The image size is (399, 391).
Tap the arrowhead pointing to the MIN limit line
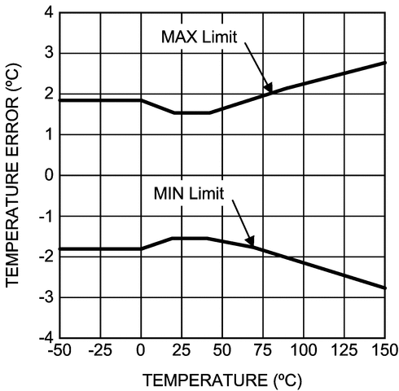(x=252, y=242)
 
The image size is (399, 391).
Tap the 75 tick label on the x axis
(x=262, y=351)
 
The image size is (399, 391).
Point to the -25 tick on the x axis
(x=100, y=351)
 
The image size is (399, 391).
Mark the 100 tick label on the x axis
(x=303, y=351)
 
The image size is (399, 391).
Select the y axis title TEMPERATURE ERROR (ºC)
(x=14, y=175)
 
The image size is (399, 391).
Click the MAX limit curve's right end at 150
(x=384, y=62)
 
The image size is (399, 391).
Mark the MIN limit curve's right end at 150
(x=384, y=288)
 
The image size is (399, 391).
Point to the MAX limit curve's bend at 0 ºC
(x=141, y=100)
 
